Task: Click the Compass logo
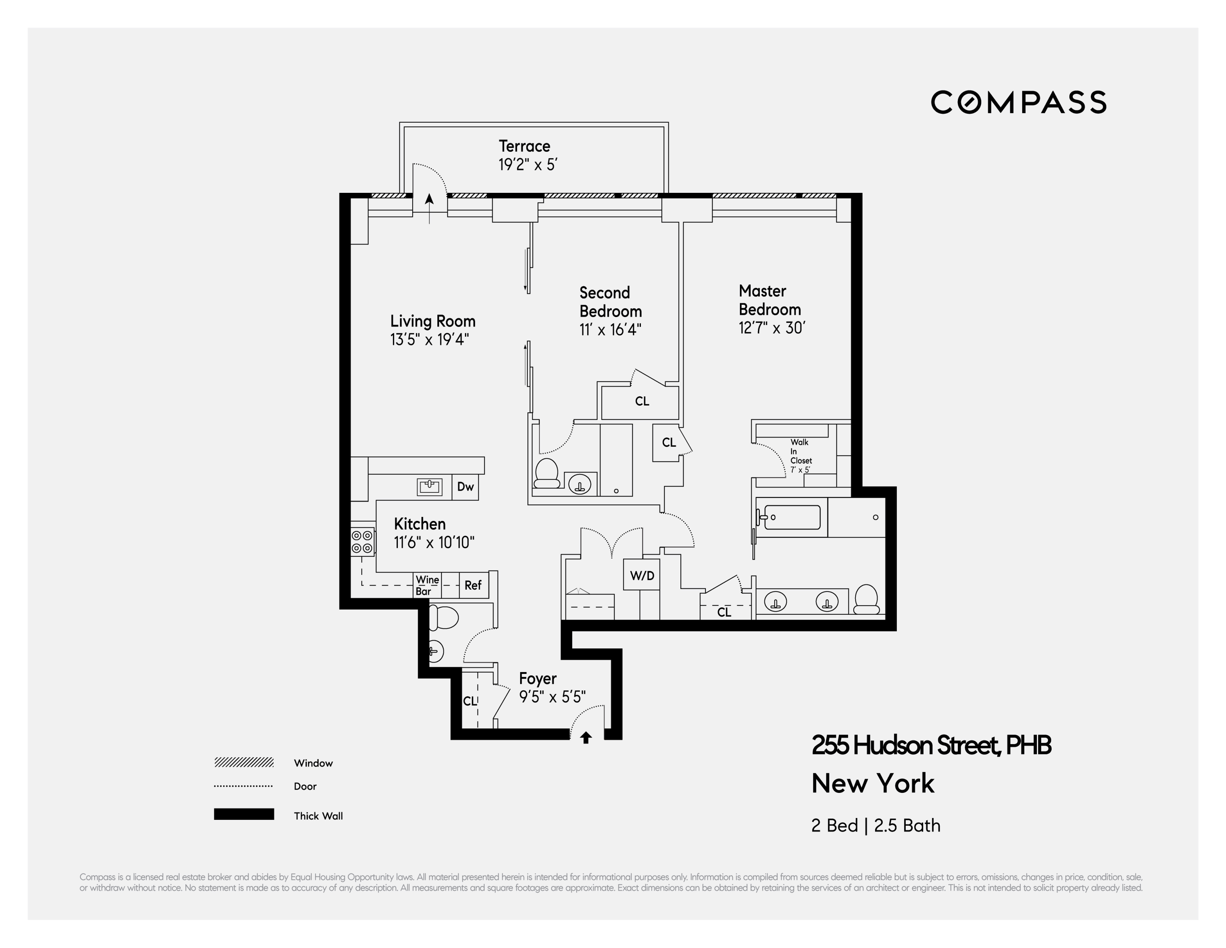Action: pos(1018,102)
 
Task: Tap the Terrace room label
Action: pos(524,146)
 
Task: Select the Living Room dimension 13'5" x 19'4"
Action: pos(430,340)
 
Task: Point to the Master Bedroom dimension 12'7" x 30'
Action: pos(772,328)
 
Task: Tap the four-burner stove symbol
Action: pos(362,542)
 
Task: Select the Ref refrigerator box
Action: pos(473,586)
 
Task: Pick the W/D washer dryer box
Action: pos(642,575)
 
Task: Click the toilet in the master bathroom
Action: pos(867,600)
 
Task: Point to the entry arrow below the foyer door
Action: pos(586,737)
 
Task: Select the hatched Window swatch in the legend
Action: pos(244,762)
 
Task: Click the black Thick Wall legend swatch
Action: pos(244,814)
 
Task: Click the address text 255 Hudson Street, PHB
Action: pos(931,746)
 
